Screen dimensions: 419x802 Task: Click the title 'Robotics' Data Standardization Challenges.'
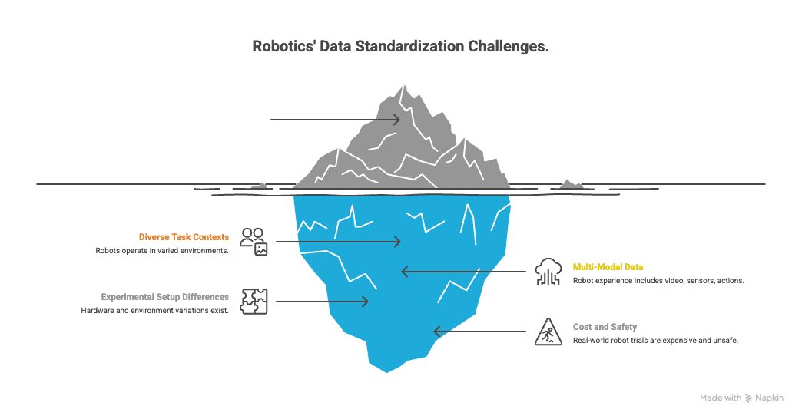(x=400, y=47)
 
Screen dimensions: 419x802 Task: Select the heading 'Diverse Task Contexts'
(x=184, y=237)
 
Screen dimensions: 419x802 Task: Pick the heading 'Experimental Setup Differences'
(x=165, y=296)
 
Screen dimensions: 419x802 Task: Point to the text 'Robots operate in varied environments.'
(x=162, y=251)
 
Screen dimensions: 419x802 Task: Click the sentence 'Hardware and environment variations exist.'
(x=155, y=310)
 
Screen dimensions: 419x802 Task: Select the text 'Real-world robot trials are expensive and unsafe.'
(x=655, y=341)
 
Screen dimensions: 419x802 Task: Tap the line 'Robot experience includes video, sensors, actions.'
(x=658, y=281)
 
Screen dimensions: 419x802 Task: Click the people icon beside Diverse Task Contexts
(x=254, y=241)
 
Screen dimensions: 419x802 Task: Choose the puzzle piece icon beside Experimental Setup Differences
(x=254, y=302)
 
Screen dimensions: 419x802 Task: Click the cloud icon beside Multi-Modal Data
(x=549, y=271)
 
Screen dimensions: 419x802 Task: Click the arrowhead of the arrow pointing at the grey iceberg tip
(x=396, y=120)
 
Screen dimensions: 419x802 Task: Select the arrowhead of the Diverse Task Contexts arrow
(x=396, y=242)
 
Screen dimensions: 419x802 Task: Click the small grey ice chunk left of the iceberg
(x=259, y=185)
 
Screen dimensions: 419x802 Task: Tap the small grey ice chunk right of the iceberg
(x=570, y=183)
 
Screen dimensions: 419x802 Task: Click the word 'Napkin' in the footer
(x=770, y=398)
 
